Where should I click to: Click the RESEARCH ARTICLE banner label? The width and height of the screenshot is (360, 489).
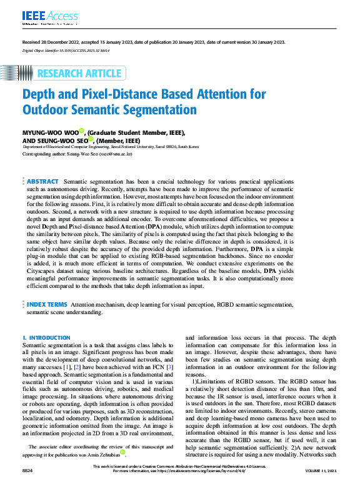point(79,74)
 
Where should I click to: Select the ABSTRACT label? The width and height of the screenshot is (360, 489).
point(42,180)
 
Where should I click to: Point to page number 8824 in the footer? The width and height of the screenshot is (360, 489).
point(29,485)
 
